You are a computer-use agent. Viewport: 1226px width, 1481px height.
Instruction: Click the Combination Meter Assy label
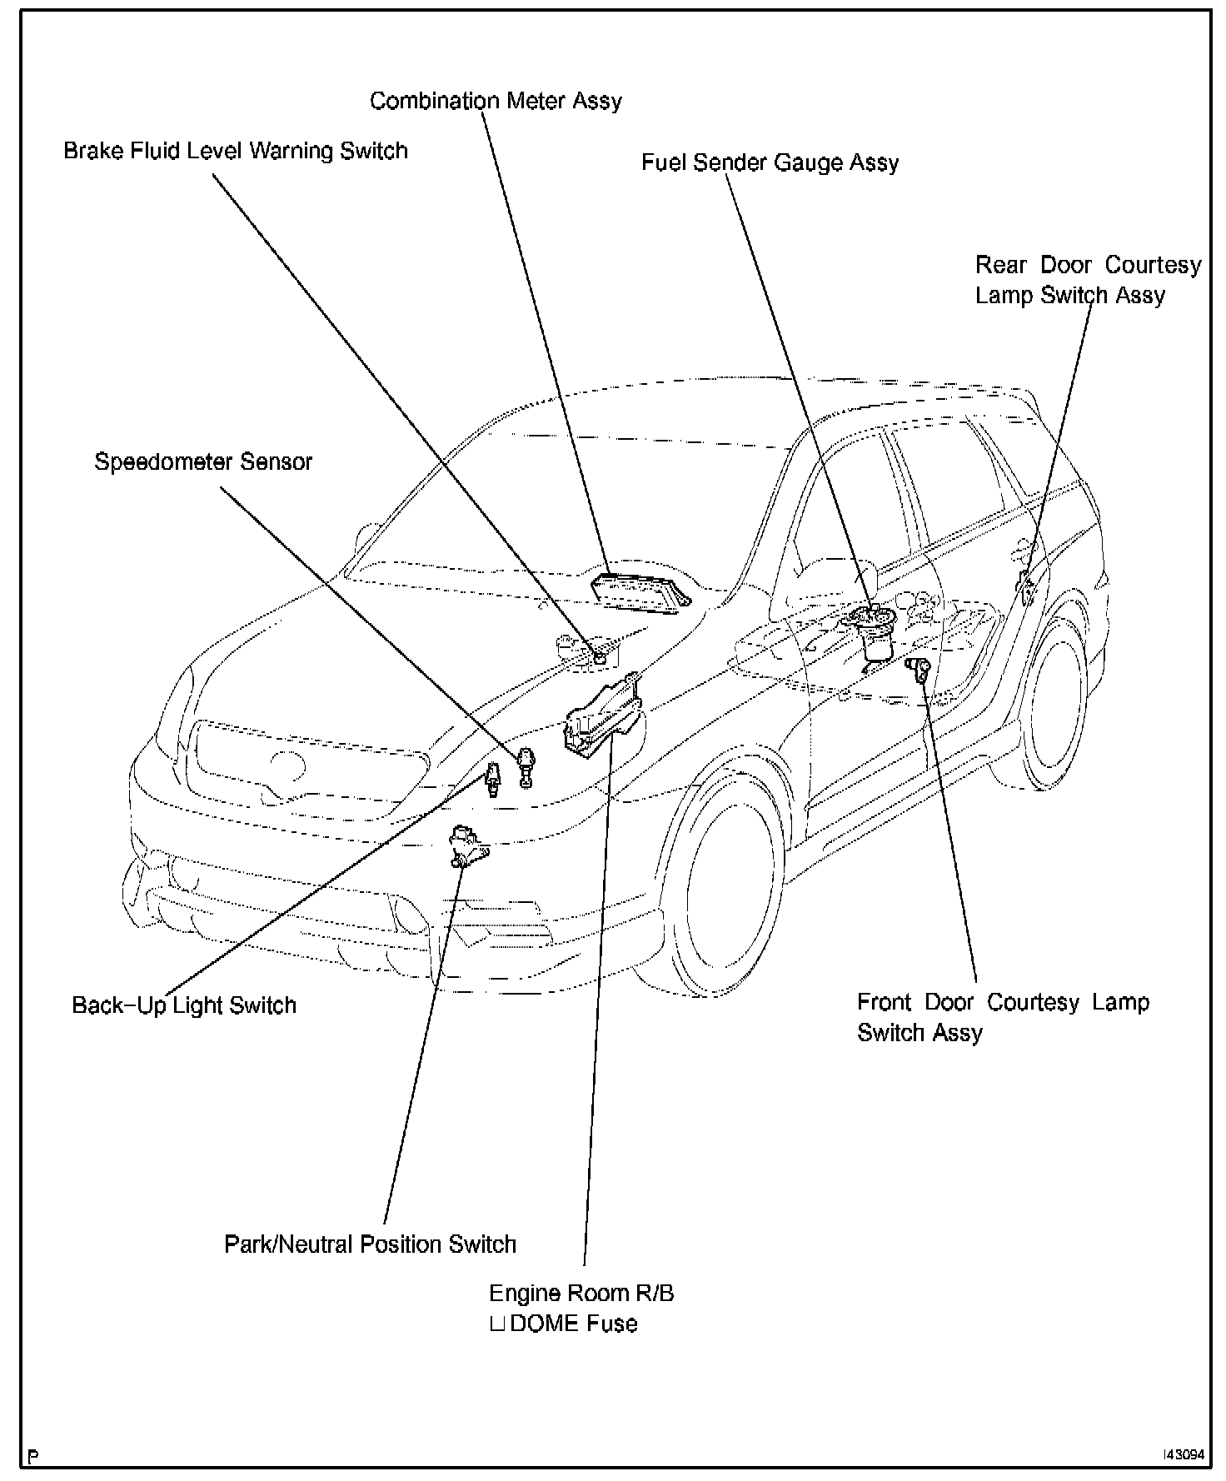pyautogui.click(x=496, y=101)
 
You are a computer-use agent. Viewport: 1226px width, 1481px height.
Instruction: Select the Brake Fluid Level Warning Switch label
pyautogui.click(x=236, y=151)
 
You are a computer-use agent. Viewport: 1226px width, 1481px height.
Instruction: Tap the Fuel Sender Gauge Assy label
pyautogui.click(x=770, y=162)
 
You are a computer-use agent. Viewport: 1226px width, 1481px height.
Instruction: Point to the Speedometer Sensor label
pyautogui.click(x=203, y=461)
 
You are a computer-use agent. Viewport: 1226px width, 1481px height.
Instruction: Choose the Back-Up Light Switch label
pyautogui.click(x=184, y=1005)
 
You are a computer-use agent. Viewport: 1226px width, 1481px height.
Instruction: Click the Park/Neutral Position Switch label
pyautogui.click(x=370, y=1244)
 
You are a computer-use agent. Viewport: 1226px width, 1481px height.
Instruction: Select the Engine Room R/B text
pyautogui.click(x=581, y=1293)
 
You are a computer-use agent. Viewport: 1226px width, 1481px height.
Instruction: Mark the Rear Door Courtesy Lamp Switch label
pyautogui.click(x=1087, y=280)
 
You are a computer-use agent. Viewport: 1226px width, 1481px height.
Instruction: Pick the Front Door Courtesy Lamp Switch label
pyautogui.click(x=1003, y=1017)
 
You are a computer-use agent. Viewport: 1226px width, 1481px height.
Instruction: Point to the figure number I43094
pyautogui.click(x=1184, y=1455)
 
